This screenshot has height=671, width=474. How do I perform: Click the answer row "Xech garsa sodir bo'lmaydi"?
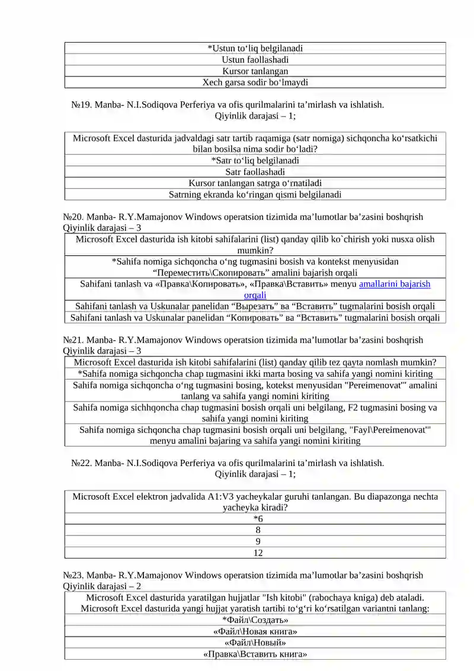[x=255, y=82]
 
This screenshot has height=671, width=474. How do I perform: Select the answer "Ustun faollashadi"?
[x=255, y=60]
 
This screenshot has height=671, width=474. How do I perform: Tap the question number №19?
[x=81, y=105]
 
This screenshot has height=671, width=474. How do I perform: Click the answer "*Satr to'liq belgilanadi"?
[x=255, y=160]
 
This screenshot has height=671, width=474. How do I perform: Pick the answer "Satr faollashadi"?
[x=255, y=172]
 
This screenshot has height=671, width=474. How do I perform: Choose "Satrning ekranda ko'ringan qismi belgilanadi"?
[x=255, y=194]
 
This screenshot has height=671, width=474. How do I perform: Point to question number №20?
[x=73, y=217]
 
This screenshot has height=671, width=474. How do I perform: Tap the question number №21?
[x=73, y=340]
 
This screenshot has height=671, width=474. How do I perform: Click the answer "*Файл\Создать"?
[x=255, y=620]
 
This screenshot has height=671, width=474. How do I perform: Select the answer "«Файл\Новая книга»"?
[x=255, y=631]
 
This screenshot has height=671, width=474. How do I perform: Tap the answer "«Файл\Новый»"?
[x=255, y=643]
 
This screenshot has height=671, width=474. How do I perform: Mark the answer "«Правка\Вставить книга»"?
[x=255, y=654]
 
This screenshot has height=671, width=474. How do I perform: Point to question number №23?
[x=73, y=575]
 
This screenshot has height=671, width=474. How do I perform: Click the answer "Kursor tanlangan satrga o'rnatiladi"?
[x=255, y=183]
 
